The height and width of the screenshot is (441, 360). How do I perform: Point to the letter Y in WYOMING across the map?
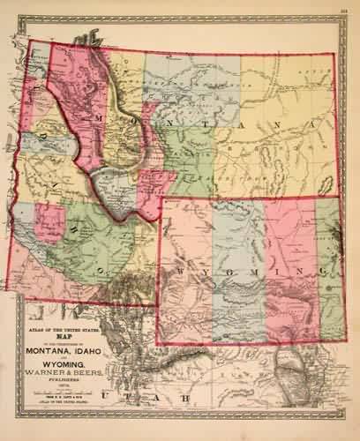coord(201,268)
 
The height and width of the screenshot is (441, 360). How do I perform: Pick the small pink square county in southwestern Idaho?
coord(50,220)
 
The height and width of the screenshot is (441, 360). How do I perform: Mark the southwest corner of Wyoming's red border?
coord(157,343)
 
